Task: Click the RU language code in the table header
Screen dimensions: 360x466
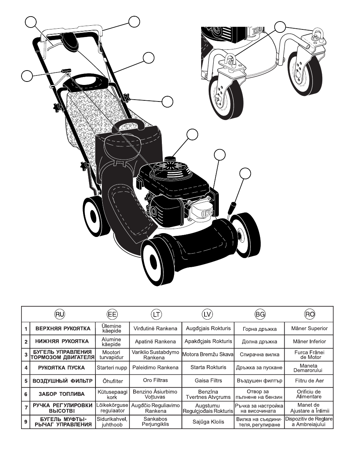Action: pyautogui.click(x=60, y=314)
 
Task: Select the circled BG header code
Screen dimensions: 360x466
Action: pyautogui.click(x=260, y=314)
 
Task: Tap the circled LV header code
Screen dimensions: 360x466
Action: pyautogui.click(x=207, y=314)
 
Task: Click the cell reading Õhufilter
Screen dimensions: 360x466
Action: pyautogui.click(x=112, y=381)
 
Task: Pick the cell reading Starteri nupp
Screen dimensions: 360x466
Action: pyautogui.click(x=112, y=368)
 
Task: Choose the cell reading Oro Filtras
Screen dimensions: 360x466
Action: pyautogui.click(x=155, y=380)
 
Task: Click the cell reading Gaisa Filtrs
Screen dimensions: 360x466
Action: pyautogui.click(x=208, y=380)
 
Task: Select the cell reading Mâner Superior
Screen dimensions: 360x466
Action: pyautogui.click(x=309, y=328)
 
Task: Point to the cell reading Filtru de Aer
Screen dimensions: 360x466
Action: pyautogui.click(x=309, y=381)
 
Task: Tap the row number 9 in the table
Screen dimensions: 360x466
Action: pyautogui.click(x=26, y=422)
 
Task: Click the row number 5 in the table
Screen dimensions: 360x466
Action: pyautogui.click(x=26, y=381)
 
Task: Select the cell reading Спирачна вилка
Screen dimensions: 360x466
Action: pyautogui.click(x=260, y=354)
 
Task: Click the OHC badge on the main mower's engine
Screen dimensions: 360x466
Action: pyautogui.click(x=206, y=213)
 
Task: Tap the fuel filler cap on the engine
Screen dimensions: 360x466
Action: pyautogui.click(x=170, y=159)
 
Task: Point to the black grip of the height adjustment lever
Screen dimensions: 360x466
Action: pyautogui.click(x=232, y=207)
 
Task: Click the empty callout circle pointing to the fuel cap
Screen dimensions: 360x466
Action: pyautogui.click(x=192, y=134)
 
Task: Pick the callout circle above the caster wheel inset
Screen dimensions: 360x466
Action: pyautogui.click(x=280, y=27)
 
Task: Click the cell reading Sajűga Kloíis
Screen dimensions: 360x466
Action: pyautogui.click(x=208, y=422)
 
